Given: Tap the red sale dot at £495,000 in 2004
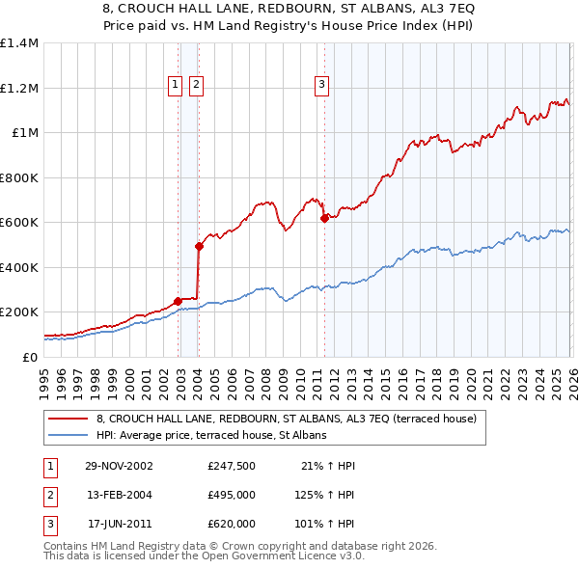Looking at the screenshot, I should [199, 246].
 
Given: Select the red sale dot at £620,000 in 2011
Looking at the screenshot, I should [324, 218].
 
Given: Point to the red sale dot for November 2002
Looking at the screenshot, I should [179, 301].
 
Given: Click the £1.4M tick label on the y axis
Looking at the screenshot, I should [19, 43].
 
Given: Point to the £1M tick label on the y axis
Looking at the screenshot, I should [24, 133].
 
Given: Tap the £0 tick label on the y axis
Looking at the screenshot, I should [30, 357].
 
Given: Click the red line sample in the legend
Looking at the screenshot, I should [69, 420].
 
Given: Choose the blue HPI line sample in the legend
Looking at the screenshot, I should [69, 436].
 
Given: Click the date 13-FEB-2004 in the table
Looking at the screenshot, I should [120, 495].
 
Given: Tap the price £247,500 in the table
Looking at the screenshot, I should [231, 466].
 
